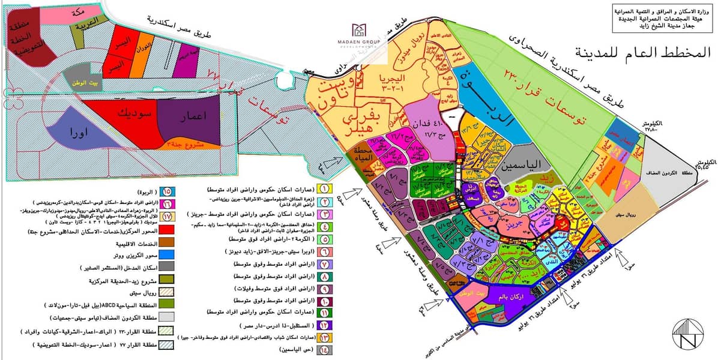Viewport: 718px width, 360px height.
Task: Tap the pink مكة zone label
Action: tap(89, 11)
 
